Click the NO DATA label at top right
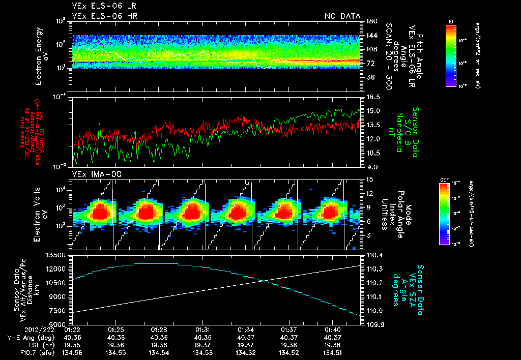coord(342,16)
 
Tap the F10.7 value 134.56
coord(72,352)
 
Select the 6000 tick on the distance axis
coord(59,324)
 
